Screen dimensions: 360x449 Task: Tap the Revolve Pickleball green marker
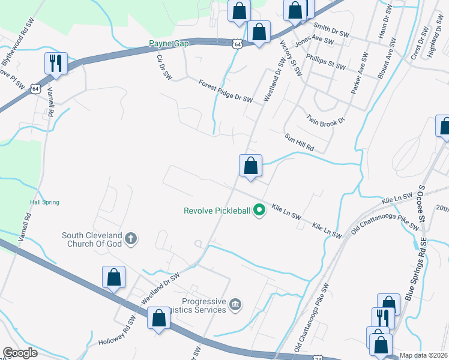[x=259, y=210]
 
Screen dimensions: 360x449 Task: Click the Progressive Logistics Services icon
[x=236, y=305]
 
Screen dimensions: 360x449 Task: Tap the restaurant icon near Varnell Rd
[x=56, y=63]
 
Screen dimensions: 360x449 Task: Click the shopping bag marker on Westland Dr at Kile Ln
[x=250, y=166]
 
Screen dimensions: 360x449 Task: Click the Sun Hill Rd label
[x=299, y=141]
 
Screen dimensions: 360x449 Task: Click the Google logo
[x=20, y=353]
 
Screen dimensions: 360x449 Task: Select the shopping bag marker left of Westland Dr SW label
[x=113, y=278]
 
